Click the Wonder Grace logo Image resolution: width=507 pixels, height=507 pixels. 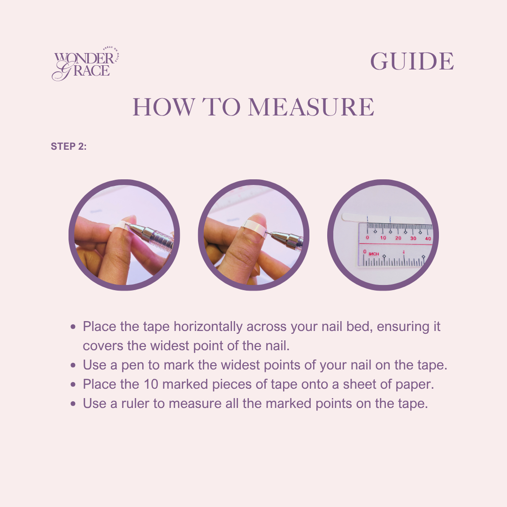(86, 64)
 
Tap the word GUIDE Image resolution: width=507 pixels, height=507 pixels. (412, 61)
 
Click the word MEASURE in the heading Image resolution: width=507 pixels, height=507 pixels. (311, 107)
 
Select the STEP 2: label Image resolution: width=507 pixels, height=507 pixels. (69, 146)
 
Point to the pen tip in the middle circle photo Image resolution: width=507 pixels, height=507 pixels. (267, 232)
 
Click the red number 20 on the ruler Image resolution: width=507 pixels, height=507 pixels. (398, 238)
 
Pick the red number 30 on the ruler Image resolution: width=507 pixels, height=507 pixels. (413, 238)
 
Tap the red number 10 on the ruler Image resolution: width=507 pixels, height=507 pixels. (383, 238)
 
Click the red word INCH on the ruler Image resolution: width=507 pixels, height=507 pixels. (374, 254)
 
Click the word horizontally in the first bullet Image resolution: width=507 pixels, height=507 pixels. (208, 327)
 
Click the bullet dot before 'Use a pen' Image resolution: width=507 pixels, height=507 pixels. (73, 365)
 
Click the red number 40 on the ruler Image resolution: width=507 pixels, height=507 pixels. (428, 238)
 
